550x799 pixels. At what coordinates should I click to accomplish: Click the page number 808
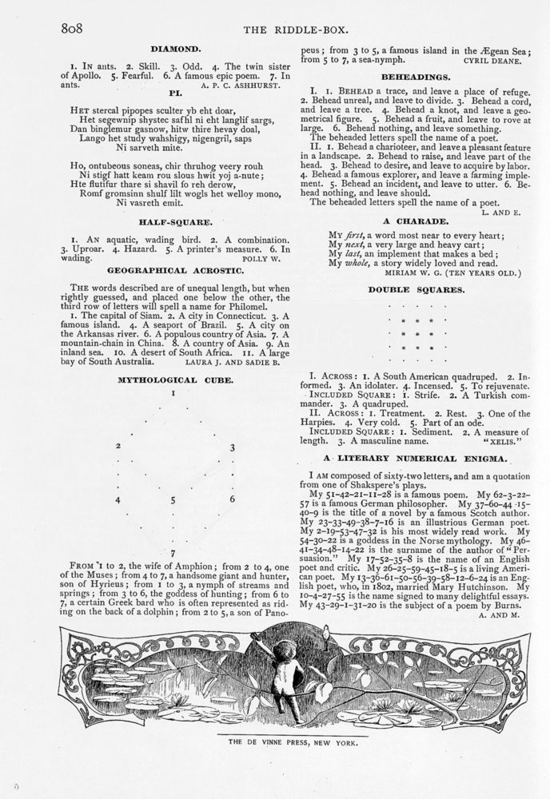pyautogui.click(x=73, y=29)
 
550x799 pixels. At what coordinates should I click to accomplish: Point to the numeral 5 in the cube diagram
pyautogui.click(x=173, y=500)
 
